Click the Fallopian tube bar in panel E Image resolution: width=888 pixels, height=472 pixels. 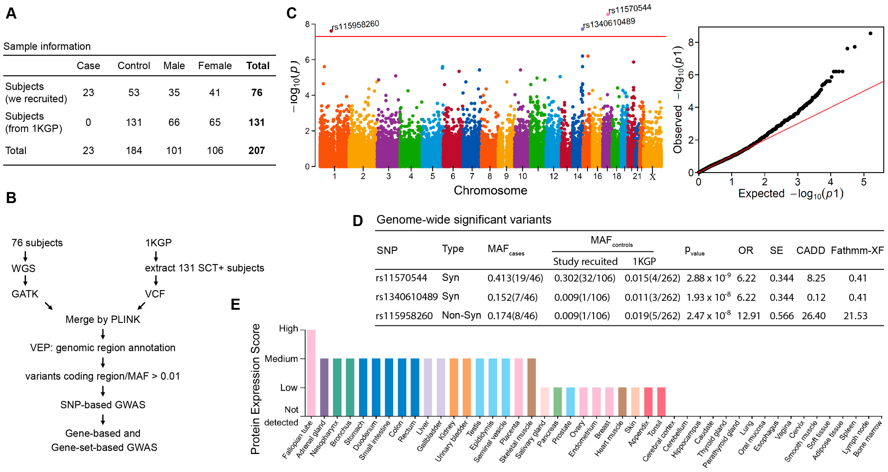click(x=311, y=372)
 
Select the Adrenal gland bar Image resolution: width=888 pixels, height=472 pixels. click(x=324, y=387)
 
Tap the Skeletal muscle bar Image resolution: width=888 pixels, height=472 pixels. click(x=531, y=387)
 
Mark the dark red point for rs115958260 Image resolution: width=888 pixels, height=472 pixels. click(x=331, y=31)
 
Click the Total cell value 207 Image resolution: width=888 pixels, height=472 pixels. click(x=257, y=151)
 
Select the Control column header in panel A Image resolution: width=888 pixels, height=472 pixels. click(x=134, y=66)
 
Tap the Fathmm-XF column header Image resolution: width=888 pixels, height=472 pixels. click(x=857, y=250)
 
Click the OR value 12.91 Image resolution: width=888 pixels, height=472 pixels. click(x=748, y=316)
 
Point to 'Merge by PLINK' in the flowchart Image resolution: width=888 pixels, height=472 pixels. click(x=103, y=319)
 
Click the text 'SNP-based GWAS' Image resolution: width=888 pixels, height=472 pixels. click(x=103, y=405)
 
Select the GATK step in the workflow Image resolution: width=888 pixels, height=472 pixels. click(x=25, y=294)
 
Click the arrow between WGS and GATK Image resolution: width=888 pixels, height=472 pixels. click(x=25, y=281)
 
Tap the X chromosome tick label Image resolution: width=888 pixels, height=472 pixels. click(x=652, y=177)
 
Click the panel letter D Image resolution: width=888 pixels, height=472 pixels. click(x=358, y=221)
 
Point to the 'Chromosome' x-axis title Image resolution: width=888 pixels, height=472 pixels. click(x=490, y=190)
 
